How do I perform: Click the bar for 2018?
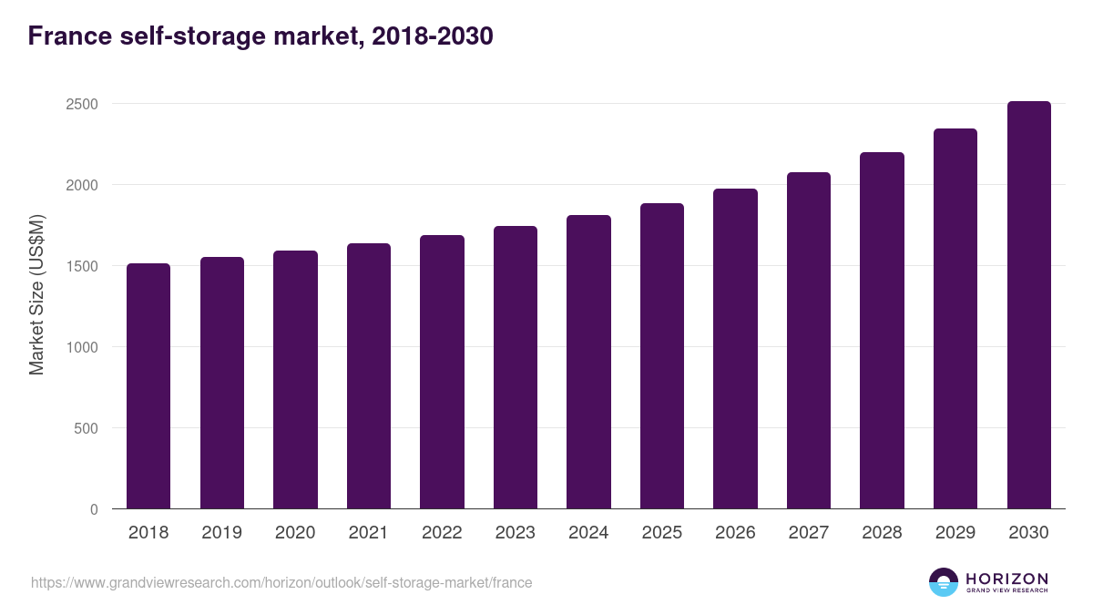pos(148,386)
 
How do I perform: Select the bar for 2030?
pos(1029,305)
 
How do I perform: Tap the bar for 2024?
pos(588,363)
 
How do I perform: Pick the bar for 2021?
pos(369,376)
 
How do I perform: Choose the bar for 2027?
pos(809,341)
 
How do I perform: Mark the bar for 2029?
pos(955,319)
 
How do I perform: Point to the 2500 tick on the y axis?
pos(81,104)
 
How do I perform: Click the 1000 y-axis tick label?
pos(81,347)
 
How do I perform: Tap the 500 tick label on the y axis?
pos(86,428)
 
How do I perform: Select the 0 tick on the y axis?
pos(94,509)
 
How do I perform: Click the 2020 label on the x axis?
pos(295,533)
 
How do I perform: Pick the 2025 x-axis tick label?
pos(662,533)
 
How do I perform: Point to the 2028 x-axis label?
pos(882,533)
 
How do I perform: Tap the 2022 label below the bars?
pos(442,533)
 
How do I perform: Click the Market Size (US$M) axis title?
pos(36,294)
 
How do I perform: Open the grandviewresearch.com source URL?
pos(281,582)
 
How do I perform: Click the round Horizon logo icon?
pos(944,582)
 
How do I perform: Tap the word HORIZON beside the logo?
pos(1006,578)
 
